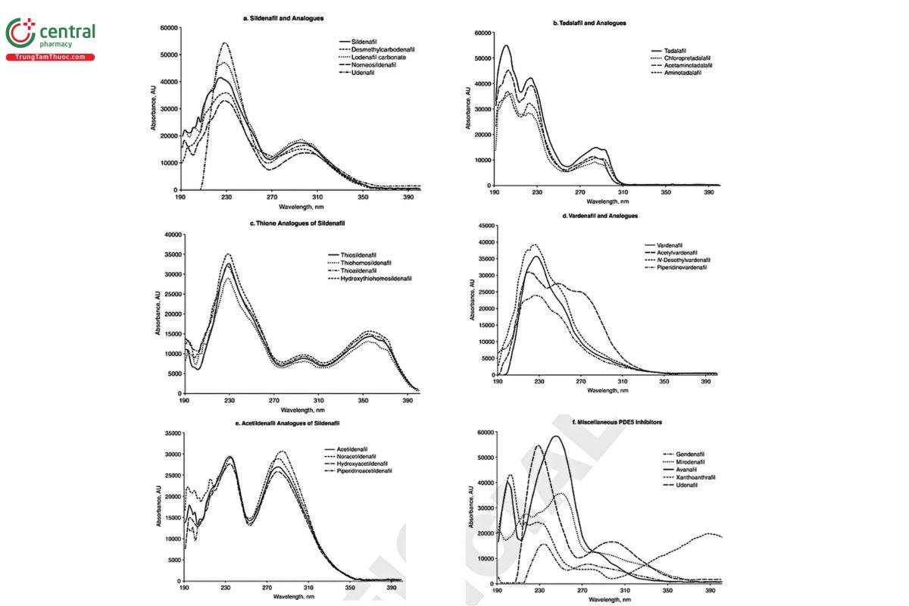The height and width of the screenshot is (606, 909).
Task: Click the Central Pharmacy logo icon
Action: pos(20,34)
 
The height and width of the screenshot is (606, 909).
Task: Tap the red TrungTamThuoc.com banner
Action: pos(51,58)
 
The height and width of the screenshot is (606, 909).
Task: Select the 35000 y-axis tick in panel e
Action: pos(170,434)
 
